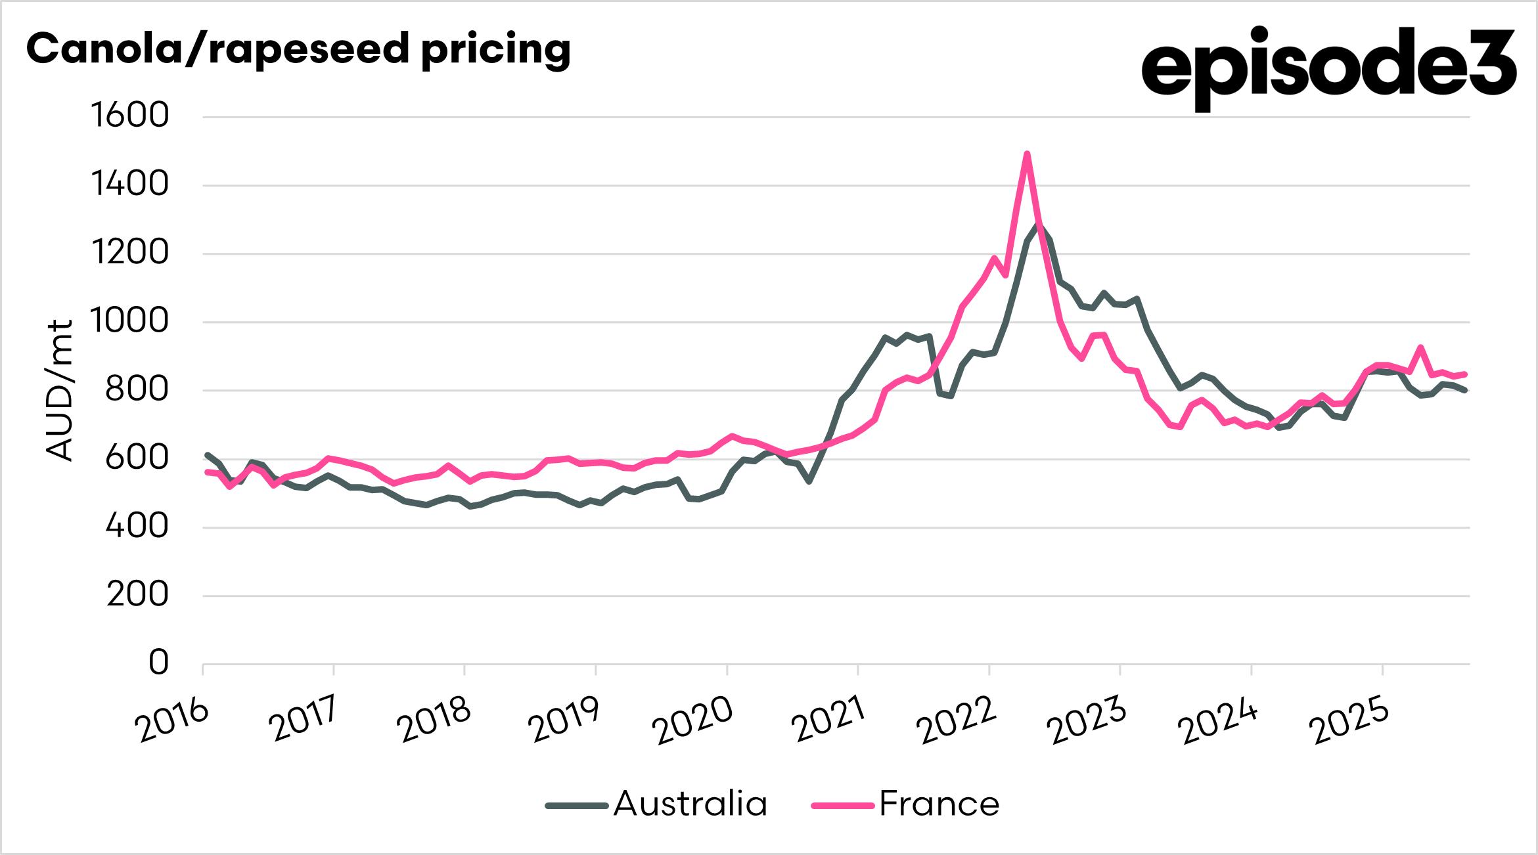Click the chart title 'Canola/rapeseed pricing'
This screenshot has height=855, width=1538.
tap(298, 50)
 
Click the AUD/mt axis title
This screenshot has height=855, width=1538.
tap(59, 391)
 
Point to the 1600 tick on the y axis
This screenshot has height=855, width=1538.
tap(130, 116)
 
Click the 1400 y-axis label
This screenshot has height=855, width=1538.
tap(130, 184)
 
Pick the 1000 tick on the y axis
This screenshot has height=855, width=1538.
tap(130, 321)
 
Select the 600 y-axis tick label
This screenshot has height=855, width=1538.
tap(137, 458)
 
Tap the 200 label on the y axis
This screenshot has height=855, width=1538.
tap(138, 595)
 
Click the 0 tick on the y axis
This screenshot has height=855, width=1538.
tap(158, 663)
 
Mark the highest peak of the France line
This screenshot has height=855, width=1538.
tap(1027, 154)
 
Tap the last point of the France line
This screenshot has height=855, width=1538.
tap(1465, 374)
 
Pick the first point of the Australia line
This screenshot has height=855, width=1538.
tap(207, 454)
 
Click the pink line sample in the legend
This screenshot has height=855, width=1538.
tap(843, 805)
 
